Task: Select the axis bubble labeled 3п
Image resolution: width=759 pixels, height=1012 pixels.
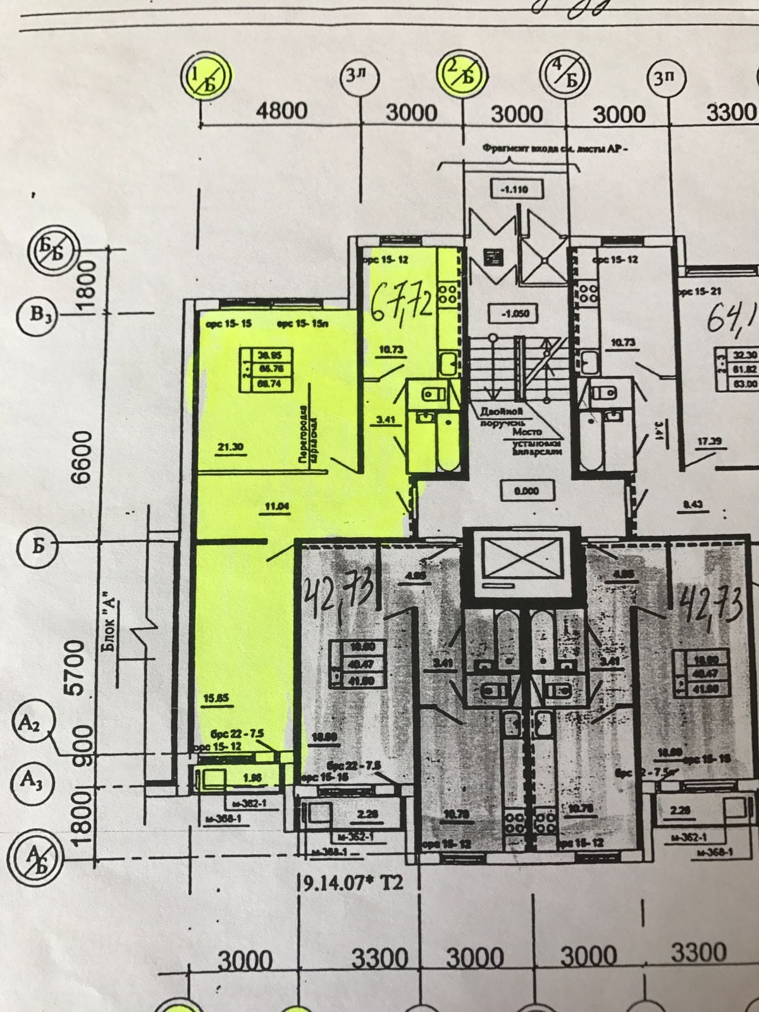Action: coord(665,78)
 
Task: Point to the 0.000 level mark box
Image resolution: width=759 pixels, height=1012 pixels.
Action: coord(526,491)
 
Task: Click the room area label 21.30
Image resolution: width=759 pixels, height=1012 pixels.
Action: coord(230,447)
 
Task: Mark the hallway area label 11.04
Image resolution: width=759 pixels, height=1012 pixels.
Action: coord(276,506)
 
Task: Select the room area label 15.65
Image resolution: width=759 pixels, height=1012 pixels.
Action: coord(216,698)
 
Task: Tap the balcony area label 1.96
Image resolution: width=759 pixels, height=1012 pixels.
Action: coord(252,778)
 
